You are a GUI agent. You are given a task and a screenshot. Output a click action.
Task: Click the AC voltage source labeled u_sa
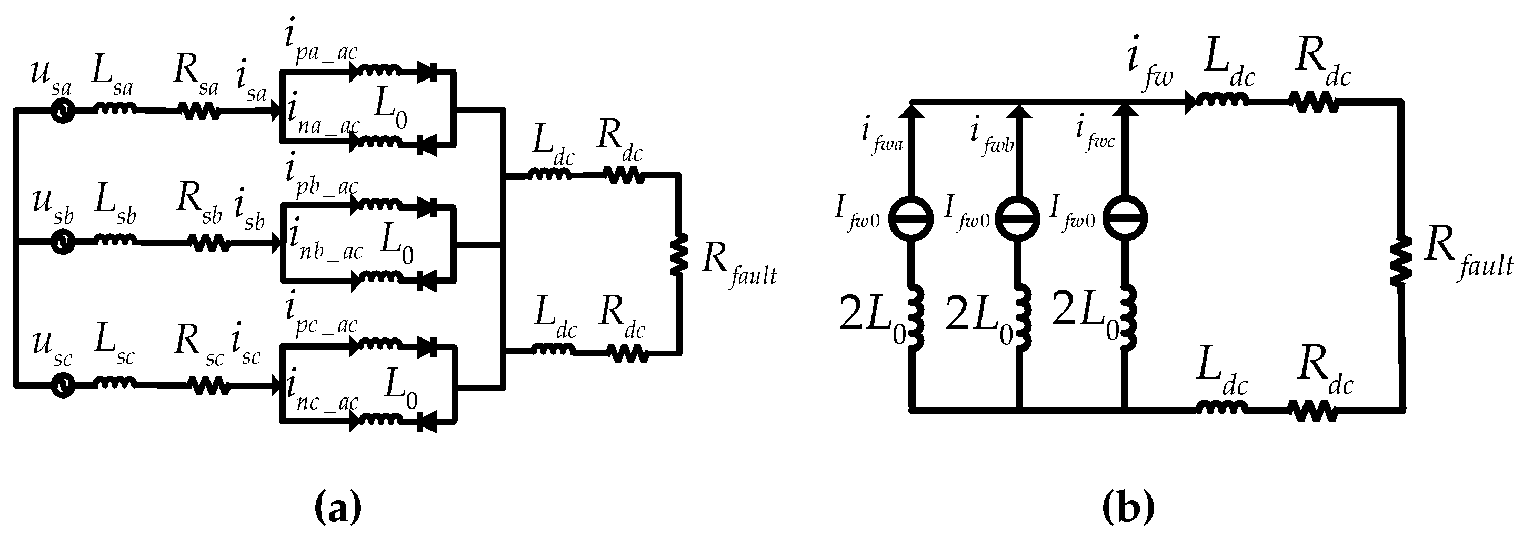(x=62, y=111)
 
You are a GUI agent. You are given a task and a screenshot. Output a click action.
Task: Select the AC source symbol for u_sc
(x=62, y=386)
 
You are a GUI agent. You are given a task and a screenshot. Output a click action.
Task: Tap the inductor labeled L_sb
(x=115, y=241)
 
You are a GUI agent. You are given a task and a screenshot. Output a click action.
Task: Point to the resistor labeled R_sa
(x=199, y=111)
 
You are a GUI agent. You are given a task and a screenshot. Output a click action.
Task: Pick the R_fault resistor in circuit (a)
(x=679, y=255)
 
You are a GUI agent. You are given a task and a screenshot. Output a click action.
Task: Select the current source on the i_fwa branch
(x=910, y=218)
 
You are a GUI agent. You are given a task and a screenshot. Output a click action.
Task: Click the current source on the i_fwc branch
(x=1125, y=218)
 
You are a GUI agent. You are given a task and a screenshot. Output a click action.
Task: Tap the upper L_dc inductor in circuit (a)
(x=549, y=175)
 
